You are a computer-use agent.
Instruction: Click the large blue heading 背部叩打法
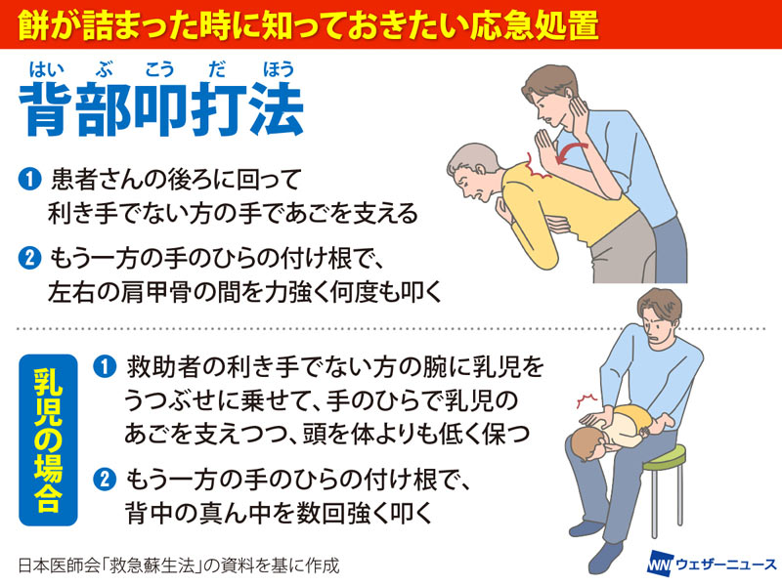[x=161, y=109]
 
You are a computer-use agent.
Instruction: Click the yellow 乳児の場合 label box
[x=48, y=440]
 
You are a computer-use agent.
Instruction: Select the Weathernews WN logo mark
[x=659, y=565]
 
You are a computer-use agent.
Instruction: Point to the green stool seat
[x=665, y=458]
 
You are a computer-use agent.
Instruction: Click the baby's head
[x=590, y=444]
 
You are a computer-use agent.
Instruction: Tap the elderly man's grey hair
[x=471, y=158]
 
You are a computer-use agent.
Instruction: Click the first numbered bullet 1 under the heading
[x=29, y=180]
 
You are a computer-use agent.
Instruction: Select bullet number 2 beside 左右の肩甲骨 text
[x=29, y=259]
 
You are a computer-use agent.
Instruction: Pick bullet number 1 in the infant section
[x=105, y=367]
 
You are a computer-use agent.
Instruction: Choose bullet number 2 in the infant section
[x=105, y=480]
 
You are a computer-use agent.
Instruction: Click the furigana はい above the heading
[x=46, y=69]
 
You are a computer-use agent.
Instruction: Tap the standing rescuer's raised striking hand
[x=545, y=147]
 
